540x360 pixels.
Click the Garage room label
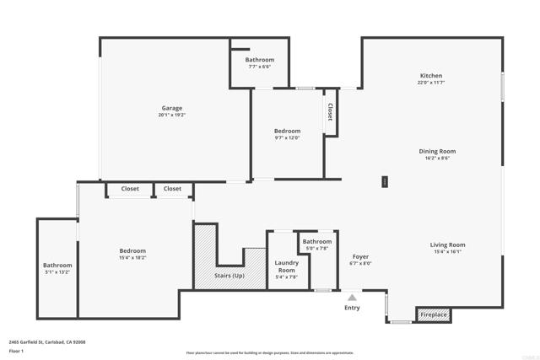(x=172, y=108)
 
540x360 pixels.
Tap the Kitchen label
(x=430, y=76)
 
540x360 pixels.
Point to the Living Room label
(x=449, y=245)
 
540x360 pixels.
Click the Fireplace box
(x=434, y=315)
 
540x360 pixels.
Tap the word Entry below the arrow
(x=352, y=308)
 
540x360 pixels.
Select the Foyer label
(x=359, y=256)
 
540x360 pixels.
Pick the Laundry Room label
(x=287, y=266)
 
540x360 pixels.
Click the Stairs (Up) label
(x=229, y=276)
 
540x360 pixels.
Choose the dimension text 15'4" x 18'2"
(x=132, y=259)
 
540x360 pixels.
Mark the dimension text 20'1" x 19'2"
(x=172, y=115)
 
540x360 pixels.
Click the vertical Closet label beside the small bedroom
(x=330, y=112)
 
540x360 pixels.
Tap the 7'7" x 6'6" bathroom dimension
(x=260, y=67)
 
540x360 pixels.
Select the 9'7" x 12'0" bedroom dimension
(x=287, y=138)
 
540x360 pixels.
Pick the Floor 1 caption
(x=16, y=350)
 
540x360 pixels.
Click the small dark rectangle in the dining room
(x=385, y=180)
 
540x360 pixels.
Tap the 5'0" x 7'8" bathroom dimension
(x=317, y=249)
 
